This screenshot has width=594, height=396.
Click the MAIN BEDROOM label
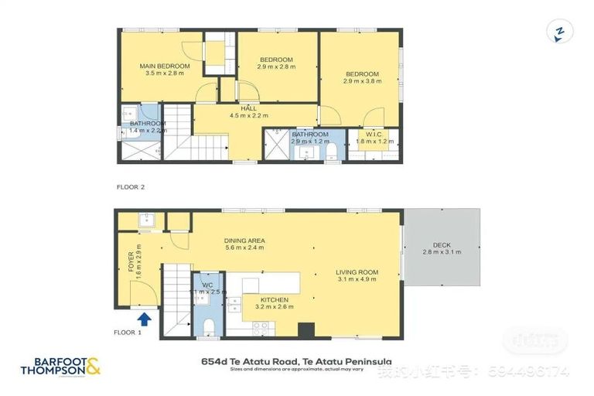tap(165, 67)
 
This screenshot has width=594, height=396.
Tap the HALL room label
tap(248, 109)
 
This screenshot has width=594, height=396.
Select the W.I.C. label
tap(374, 134)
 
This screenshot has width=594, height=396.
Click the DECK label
tap(441, 245)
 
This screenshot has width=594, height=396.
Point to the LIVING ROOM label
tap(357, 271)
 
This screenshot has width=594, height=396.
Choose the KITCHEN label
tap(275, 299)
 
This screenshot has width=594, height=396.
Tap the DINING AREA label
tap(244, 241)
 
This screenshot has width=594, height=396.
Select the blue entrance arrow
tap(143, 318)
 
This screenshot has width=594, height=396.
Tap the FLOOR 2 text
tap(131, 187)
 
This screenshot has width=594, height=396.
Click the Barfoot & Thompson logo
tap(61, 365)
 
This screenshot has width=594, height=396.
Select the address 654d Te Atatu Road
tap(296, 360)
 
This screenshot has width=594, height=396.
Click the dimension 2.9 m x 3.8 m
tap(362, 81)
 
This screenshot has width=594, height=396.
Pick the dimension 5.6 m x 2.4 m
tap(244, 248)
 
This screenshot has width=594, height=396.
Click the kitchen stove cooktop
tap(261, 326)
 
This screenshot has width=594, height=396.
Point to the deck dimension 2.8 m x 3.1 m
tap(441, 253)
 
